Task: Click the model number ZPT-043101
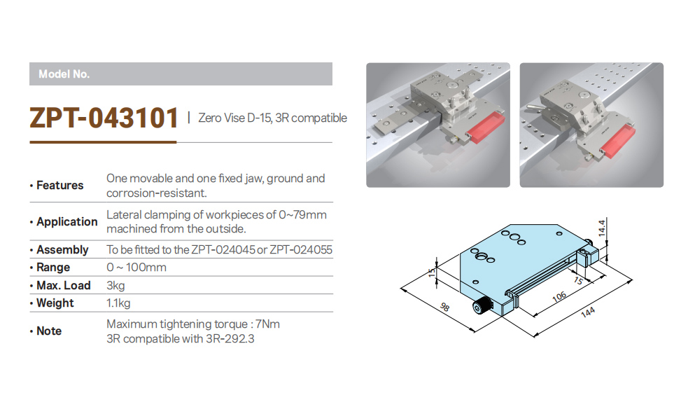click(104, 118)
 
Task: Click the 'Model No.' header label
click(64, 74)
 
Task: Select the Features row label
click(59, 185)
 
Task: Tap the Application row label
click(66, 222)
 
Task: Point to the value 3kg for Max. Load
click(115, 286)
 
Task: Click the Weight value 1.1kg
click(118, 303)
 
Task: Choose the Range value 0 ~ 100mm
click(136, 268)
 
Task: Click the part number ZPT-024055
click(301, 250)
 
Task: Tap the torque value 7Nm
click(267, 324)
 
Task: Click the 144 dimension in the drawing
click(587, 312)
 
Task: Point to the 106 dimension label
click(559, 297)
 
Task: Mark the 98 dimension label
click(444, 307)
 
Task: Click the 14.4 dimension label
click(602, 228)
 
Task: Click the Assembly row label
click(62, 250)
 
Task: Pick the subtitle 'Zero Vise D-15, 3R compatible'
click(272, 118)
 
